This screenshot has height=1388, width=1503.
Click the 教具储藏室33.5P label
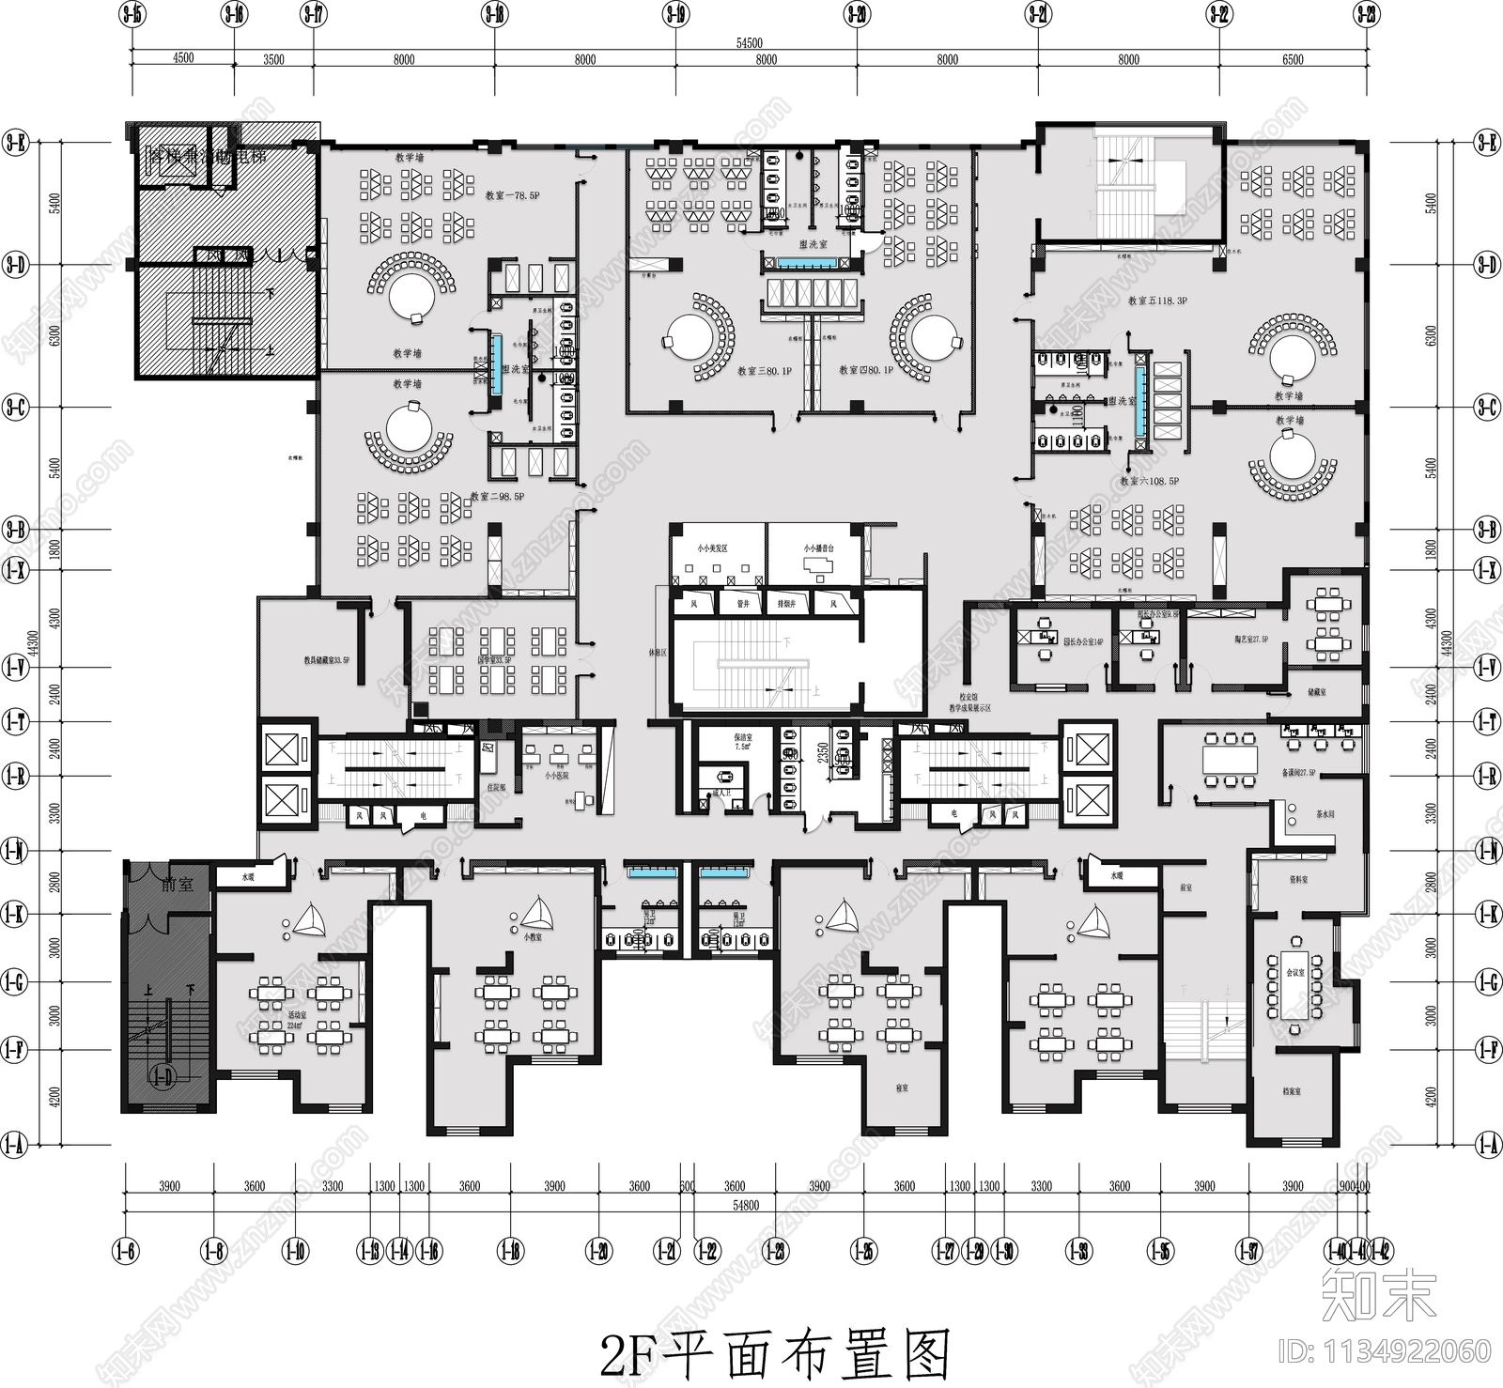tap(326, 660)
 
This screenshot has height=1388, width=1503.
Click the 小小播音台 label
tap(817, 548)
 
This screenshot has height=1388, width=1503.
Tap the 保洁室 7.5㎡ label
tap(742, 742)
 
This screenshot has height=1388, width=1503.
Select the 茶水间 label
tap(1325, 815)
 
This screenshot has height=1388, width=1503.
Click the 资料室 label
tap(1298, 880)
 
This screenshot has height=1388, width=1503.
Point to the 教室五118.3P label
tap(1157, 301)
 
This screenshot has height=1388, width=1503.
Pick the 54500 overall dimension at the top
tap(749, 43)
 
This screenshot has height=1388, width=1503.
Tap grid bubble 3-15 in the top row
tap(132, 14)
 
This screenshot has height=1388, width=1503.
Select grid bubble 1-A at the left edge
tap(14, 1145)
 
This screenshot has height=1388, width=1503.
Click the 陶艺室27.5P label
tap(1250, 640)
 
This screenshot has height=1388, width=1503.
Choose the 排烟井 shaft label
tap(786, 604)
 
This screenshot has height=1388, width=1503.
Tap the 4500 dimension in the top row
tap(182, 58)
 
